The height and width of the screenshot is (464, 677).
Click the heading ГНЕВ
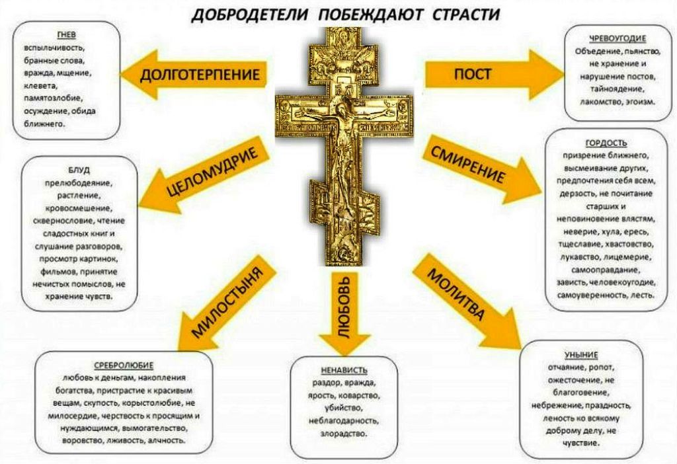pos(65,35)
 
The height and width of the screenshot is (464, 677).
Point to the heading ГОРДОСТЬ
pos(606,143)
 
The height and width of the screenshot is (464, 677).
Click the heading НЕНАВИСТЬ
pos(344,370)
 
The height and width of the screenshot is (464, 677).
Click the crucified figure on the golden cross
pos(342,132)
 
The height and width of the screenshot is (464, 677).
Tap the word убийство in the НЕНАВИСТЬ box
pos(344,408)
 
